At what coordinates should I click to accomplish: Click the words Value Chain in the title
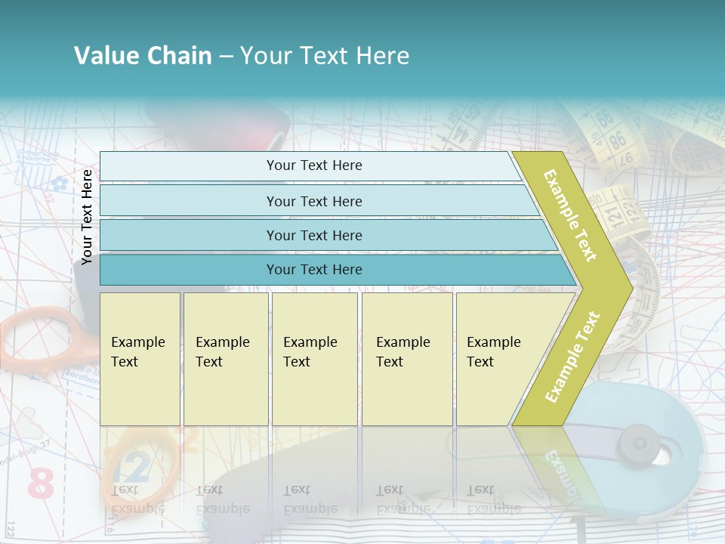coord(143,56)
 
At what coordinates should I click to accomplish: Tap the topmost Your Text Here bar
coord(313,165)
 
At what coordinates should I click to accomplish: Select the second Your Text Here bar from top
coord(313,201)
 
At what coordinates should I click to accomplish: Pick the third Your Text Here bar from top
coord(313,235)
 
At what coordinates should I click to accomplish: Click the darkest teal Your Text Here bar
coord(313,270)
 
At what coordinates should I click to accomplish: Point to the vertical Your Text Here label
coord(87,217)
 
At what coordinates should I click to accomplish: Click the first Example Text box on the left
coord(140,358)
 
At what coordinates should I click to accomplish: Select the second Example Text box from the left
coord(225,358)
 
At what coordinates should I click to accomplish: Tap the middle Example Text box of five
coord(314,358)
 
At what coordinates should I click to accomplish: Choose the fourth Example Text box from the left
coord(406,358)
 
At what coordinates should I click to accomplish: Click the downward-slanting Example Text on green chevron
coord(570,215)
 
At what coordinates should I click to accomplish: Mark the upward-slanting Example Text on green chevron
coord(572,357)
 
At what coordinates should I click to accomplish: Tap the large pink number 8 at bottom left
coord(41,484)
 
